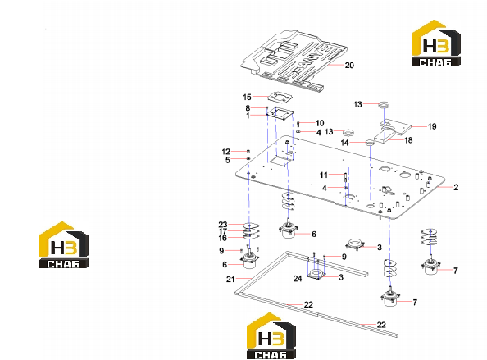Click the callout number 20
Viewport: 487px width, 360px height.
point(349,66)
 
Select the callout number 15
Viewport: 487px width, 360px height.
point(247,98)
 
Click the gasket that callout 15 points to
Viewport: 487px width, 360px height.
point(280,98)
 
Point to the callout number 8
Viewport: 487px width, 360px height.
point(248,108)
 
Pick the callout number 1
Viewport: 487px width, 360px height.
point(248,116)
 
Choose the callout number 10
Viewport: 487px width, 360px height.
point(320,123)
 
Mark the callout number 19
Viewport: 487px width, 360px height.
point(432,126)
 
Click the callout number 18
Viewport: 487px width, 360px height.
point(408,140)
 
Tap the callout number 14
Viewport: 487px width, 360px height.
point(344,143)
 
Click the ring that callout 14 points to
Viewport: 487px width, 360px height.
point(370,143)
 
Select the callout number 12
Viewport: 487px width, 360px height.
point(225,152)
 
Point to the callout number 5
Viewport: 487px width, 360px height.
point(228,160)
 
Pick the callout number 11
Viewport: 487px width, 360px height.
point(324,175)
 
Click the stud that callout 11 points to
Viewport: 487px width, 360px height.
point(345,178)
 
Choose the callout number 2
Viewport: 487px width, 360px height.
point(456,187)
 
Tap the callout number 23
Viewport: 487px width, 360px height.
point(223,224)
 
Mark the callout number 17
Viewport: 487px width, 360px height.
point(223,231)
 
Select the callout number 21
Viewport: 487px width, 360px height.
point(230,280)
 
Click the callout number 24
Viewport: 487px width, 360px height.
point(298,279)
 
